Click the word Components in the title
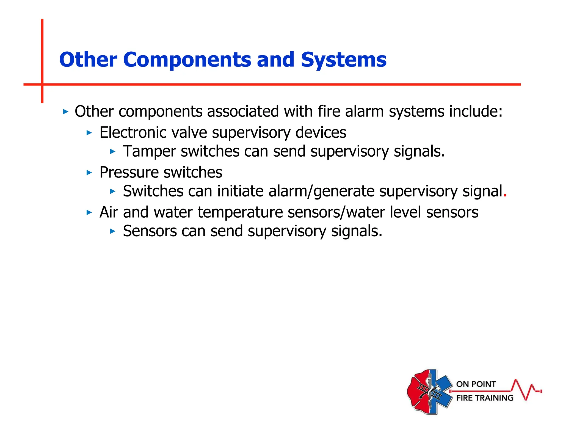click(187, 60)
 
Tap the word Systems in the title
click(344, 60)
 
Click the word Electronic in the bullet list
click(133, 133)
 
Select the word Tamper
click(149, 151)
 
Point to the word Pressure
click(129, 173)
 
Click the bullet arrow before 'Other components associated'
click(65, 112)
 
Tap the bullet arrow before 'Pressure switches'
click(89, 173)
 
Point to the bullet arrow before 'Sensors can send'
click(112, 231)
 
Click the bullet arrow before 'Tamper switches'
click(112, 151)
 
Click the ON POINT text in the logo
click(476, 384)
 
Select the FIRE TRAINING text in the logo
click(485, 398)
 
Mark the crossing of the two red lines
click(42, 84)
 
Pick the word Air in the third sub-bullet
click(109, 212)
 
